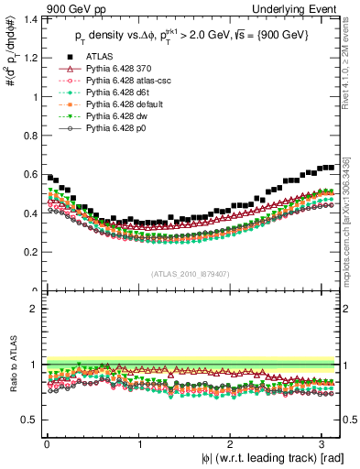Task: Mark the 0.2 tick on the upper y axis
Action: point(29,252)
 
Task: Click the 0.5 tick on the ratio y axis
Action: point(29,420)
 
